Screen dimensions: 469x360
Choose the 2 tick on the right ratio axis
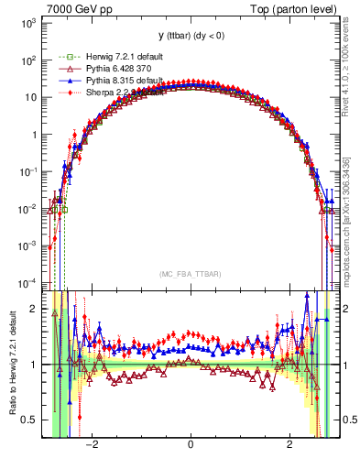tap(343, 309)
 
